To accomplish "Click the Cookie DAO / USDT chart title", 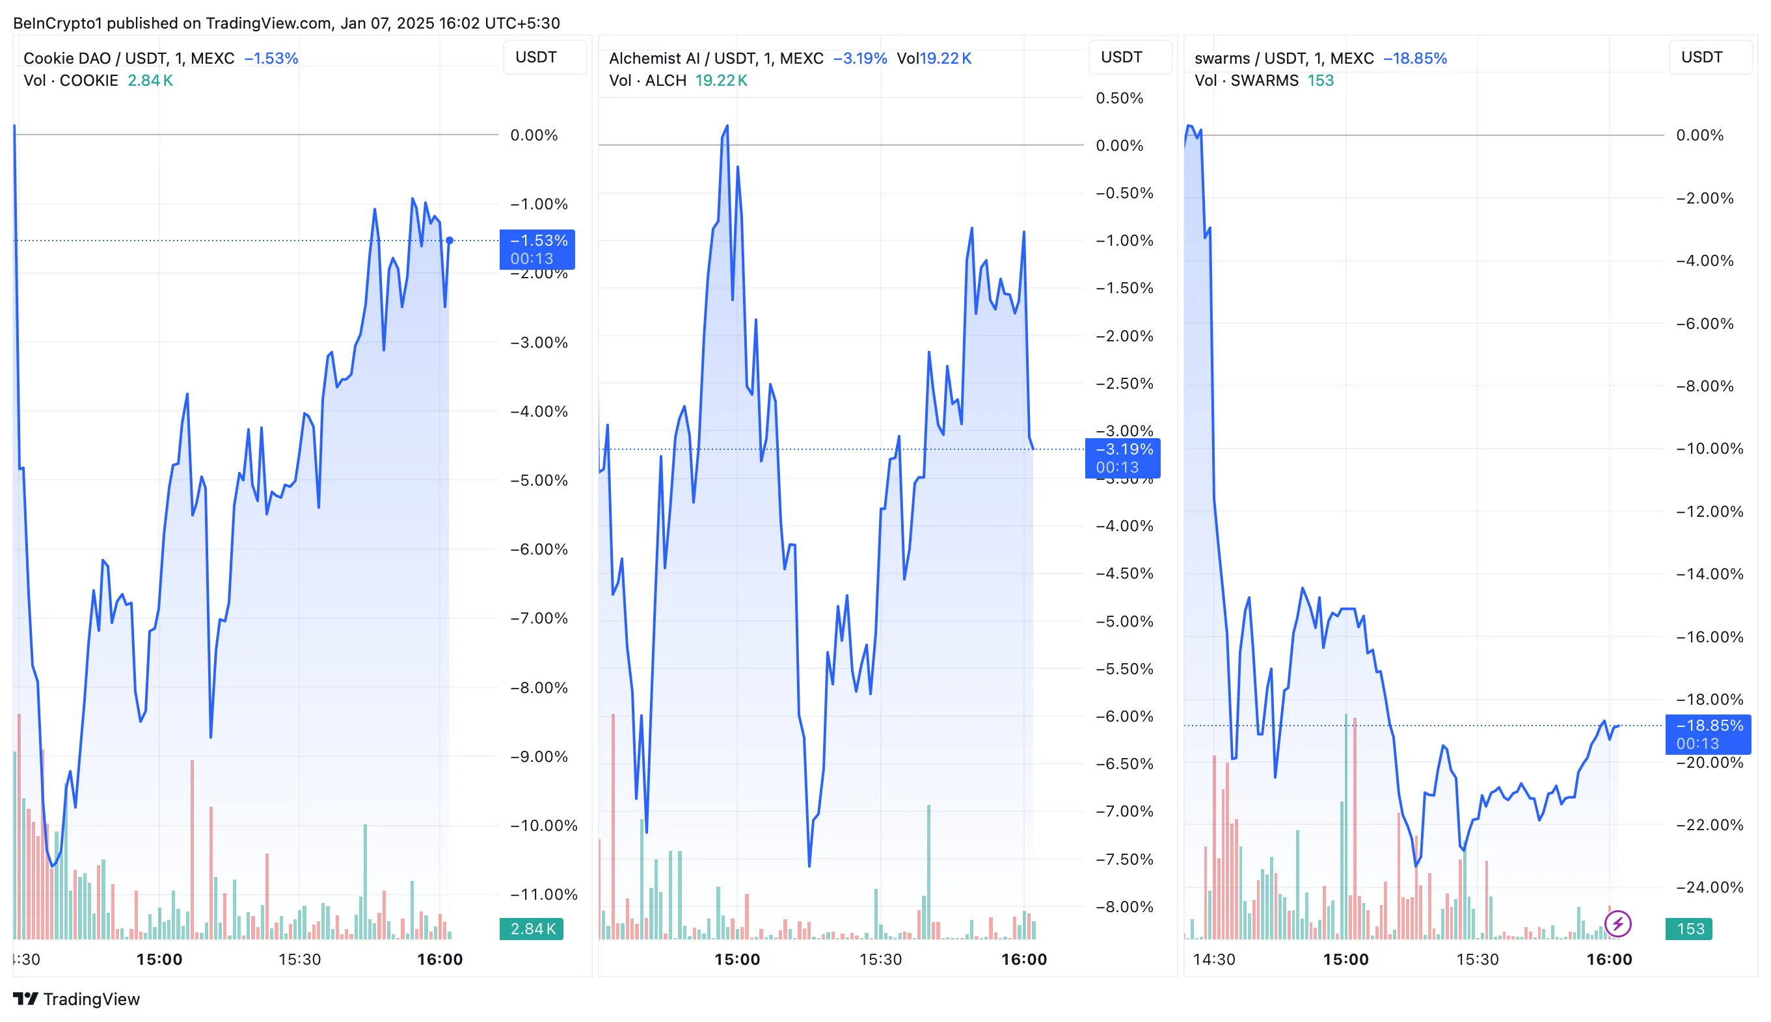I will coord(129,59).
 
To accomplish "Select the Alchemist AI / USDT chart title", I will coord(716,59).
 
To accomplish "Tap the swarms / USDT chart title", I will coord(1284,59).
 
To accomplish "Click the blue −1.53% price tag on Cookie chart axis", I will coord(537,249).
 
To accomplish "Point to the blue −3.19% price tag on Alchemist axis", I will coord(1122,458).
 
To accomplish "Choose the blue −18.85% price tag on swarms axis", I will coord(1708,734).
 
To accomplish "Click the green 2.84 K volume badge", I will coord(532,928).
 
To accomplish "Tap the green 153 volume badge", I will coord(1689,928).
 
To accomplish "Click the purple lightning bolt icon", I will coord(1618,924).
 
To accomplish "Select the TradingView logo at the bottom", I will coord(77,999).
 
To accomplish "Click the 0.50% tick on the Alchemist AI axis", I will coord(1119,98).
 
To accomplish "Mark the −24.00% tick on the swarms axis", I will coord(1709,887).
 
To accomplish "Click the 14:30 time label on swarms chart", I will coord(1213,960).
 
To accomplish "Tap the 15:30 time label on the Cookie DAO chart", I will coord(299,960).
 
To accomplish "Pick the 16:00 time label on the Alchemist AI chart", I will coord(1024,960).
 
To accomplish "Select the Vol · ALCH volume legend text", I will coord(647,81).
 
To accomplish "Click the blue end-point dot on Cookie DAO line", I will coord(450,241).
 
